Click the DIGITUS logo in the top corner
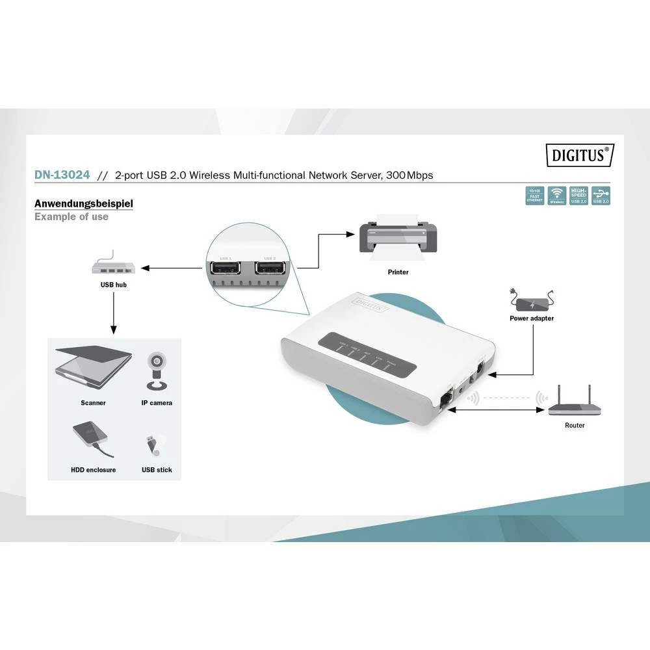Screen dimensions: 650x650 (579, 156)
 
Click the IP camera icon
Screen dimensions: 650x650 (157, 371)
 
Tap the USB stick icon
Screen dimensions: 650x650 (155, 445)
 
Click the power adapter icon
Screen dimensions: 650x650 (532, 302)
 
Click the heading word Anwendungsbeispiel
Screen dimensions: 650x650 (84, 203)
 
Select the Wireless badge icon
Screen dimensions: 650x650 (557, 196)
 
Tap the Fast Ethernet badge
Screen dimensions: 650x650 (534, 196)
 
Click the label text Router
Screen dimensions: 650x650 (575, 425)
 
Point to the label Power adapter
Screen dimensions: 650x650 (532, 318)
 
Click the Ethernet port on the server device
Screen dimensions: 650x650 (447, 400)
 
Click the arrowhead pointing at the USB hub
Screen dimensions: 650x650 (145, 268)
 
